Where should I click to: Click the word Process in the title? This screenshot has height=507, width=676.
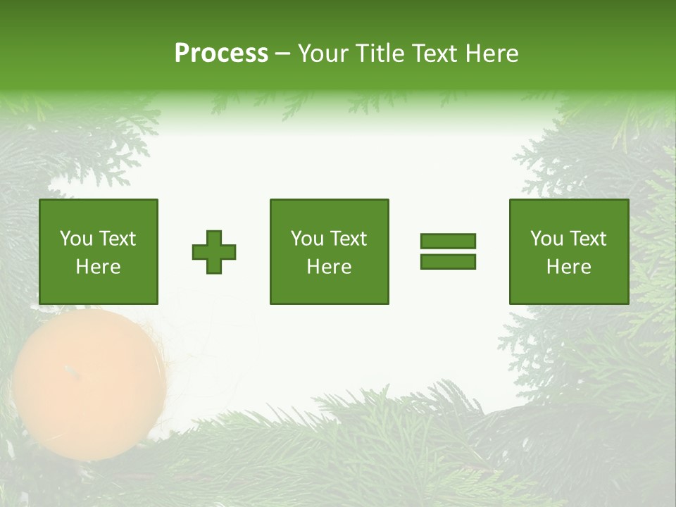click(221, 54)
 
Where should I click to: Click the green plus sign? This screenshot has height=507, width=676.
click(214, 252)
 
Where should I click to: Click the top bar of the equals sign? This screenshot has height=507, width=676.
click(448, 242)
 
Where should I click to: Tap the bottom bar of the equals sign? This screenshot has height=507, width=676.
click(448, 261)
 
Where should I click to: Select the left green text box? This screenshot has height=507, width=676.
click(99, 251)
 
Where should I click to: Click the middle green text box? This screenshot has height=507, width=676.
click(329, 251)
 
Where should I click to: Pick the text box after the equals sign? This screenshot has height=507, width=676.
click(568, 251)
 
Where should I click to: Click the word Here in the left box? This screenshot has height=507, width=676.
click(98, 267)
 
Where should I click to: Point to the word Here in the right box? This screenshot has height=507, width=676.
click(568, 267)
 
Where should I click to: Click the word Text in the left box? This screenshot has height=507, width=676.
click(117, 239)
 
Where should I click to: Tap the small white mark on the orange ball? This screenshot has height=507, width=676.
click(68, 370)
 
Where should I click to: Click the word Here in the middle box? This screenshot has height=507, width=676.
click(329, 267)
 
